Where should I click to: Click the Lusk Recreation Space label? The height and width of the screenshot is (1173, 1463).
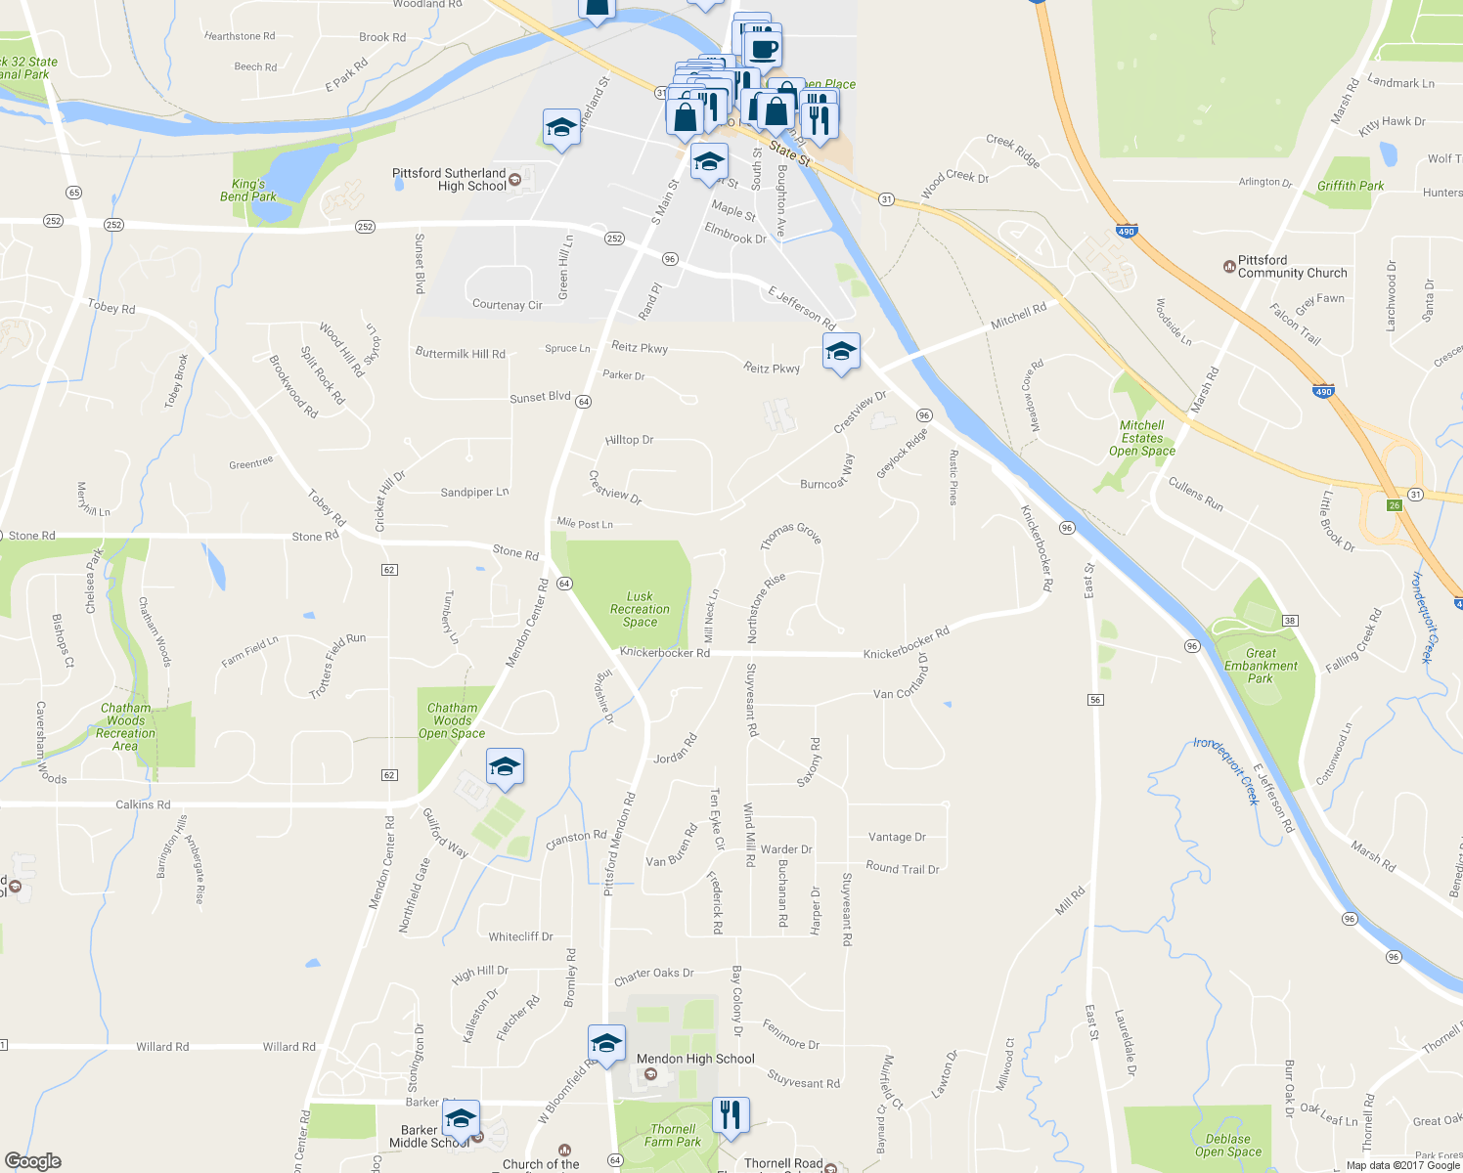pyautogui.click(x=640, y=609)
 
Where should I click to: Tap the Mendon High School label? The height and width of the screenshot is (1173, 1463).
pyautogui.click(x=695, y=1059)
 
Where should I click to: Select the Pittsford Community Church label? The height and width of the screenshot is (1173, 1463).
pyautogui.click(x=1292, y=267)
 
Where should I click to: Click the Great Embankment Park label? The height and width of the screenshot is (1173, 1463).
pyautogui.click(x=1261, y=666)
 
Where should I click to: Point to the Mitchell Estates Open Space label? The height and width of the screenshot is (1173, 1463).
pyautogui.click(x=1141, y=438)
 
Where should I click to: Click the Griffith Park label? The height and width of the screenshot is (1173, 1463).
pyautogui.click(x=1351, y=186)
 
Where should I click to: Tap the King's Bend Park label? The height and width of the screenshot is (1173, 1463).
pyautogui.click(x=248, y=191)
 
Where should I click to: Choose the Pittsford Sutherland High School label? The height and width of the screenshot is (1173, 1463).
pyautogui.click(x=449, y=180)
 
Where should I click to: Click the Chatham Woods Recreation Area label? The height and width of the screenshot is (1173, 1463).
pyautogui.click(x=126, y=726)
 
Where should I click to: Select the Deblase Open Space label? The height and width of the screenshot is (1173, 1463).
pyautogui.click(x=1227, y=1145)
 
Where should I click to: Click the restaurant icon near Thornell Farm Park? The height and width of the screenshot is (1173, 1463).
pyautogui.click(x=731, y=1114)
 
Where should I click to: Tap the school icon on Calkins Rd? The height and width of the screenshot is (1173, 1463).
pyautogui.click(x=505, y=766)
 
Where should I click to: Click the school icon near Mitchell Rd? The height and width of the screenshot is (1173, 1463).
pyautogui.click(x=841, y=351)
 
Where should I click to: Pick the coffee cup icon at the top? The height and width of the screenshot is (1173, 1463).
pyautogui.click(x=763, y=47)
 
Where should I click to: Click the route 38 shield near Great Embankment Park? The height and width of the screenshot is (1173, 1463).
pyautogui.click(x=1290, y=621)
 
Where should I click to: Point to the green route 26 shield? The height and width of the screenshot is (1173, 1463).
pyautogui.click(x=1395, y=505)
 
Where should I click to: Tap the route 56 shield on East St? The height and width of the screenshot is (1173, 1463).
pyautogui.click(x=1095, y=700)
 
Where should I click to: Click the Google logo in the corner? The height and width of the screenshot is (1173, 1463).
pyautogui.click(x=33, y=1161)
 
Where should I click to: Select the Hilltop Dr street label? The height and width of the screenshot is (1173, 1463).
pyautogui.click(x=629, y=440)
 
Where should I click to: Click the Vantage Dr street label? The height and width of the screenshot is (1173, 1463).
pyautogui.click(x=897, y=837)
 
